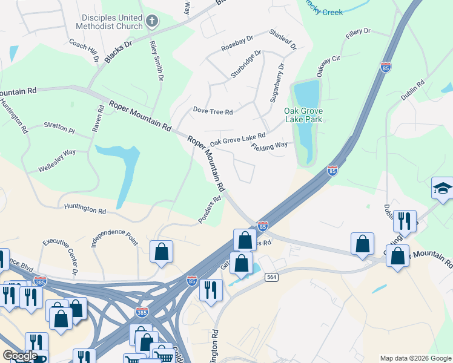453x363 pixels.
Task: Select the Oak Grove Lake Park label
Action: coord(303,115)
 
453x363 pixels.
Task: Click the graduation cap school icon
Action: coord(442,189)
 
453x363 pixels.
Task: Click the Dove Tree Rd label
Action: coord(213,111)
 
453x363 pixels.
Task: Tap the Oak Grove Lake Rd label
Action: coord(238,140)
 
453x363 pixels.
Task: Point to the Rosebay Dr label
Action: coord(237,44)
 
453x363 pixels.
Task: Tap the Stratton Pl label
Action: coord(59,128)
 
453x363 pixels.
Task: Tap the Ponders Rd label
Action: coord(209,209)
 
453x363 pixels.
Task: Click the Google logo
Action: coord(20,356)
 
